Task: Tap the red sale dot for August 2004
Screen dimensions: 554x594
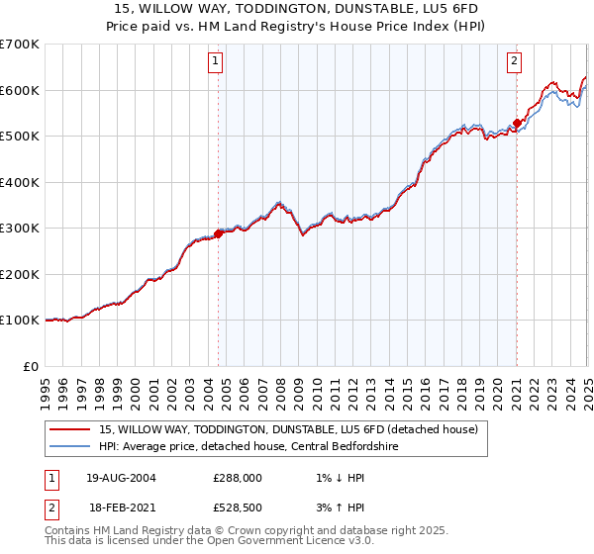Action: [219, 233]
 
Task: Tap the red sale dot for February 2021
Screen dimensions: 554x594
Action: [517, 124]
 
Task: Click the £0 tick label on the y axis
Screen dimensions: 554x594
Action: [32, 366]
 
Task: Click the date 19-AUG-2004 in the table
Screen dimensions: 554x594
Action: [121, 477]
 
